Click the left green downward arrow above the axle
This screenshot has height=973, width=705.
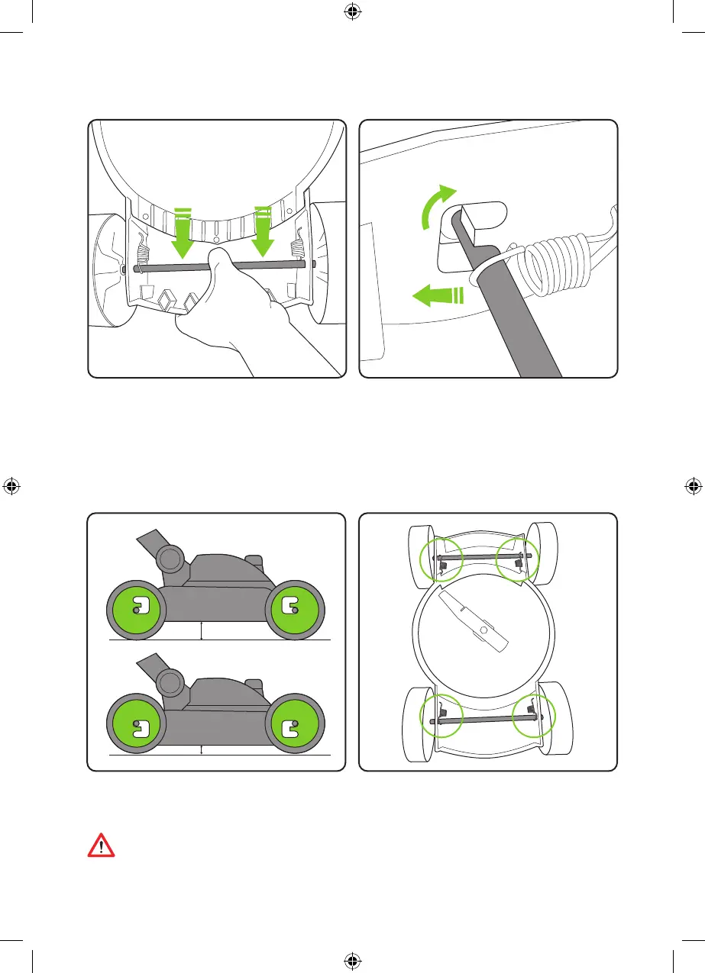point(183,232)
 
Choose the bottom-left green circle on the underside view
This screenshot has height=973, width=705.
point(441,716)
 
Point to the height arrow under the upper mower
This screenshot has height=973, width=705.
point(201,630)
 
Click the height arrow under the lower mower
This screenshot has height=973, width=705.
point(201,749)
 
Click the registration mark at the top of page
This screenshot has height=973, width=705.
point(352,11)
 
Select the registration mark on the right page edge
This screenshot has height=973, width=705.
point(694,486)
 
